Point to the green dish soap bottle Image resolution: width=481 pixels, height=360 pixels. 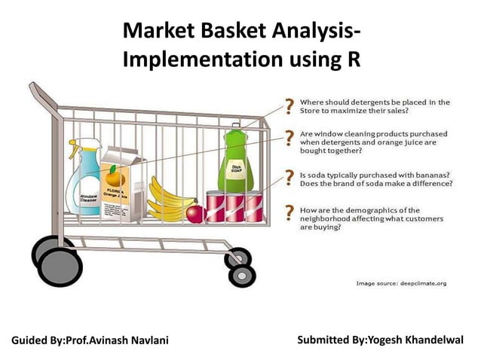236,162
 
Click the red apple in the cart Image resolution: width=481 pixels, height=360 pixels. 195,214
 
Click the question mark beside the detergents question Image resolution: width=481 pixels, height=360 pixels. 288,105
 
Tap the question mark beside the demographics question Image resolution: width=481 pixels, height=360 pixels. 288,212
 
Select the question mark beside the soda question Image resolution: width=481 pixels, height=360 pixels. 288,176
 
